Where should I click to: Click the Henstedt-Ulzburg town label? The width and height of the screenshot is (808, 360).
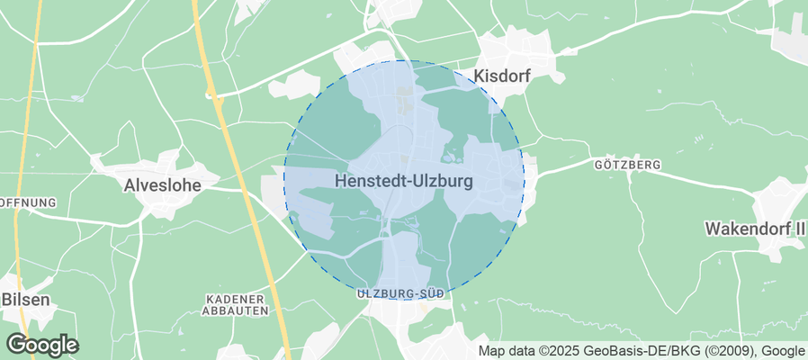403,180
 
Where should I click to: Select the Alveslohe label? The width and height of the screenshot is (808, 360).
161,185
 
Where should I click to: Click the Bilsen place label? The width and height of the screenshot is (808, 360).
24,299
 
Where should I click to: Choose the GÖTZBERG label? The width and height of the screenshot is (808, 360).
627,166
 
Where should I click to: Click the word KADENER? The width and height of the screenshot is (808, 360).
235,299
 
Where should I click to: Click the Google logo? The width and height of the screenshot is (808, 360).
41,345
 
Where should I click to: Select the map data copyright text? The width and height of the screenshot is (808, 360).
642,351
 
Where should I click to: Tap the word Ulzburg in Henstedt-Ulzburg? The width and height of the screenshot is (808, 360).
441,180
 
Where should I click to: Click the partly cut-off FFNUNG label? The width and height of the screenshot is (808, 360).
27,202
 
